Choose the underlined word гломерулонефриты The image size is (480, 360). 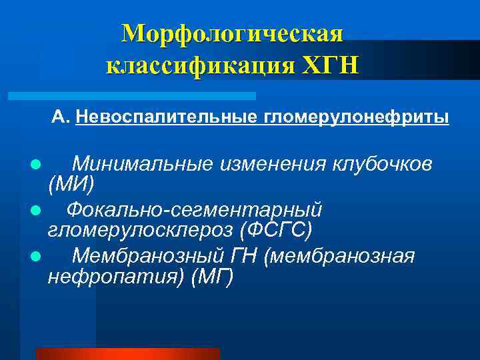tap(357, 118)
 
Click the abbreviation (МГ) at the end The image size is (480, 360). tap(212, 276)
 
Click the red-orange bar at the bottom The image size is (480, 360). tap(127, 353)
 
